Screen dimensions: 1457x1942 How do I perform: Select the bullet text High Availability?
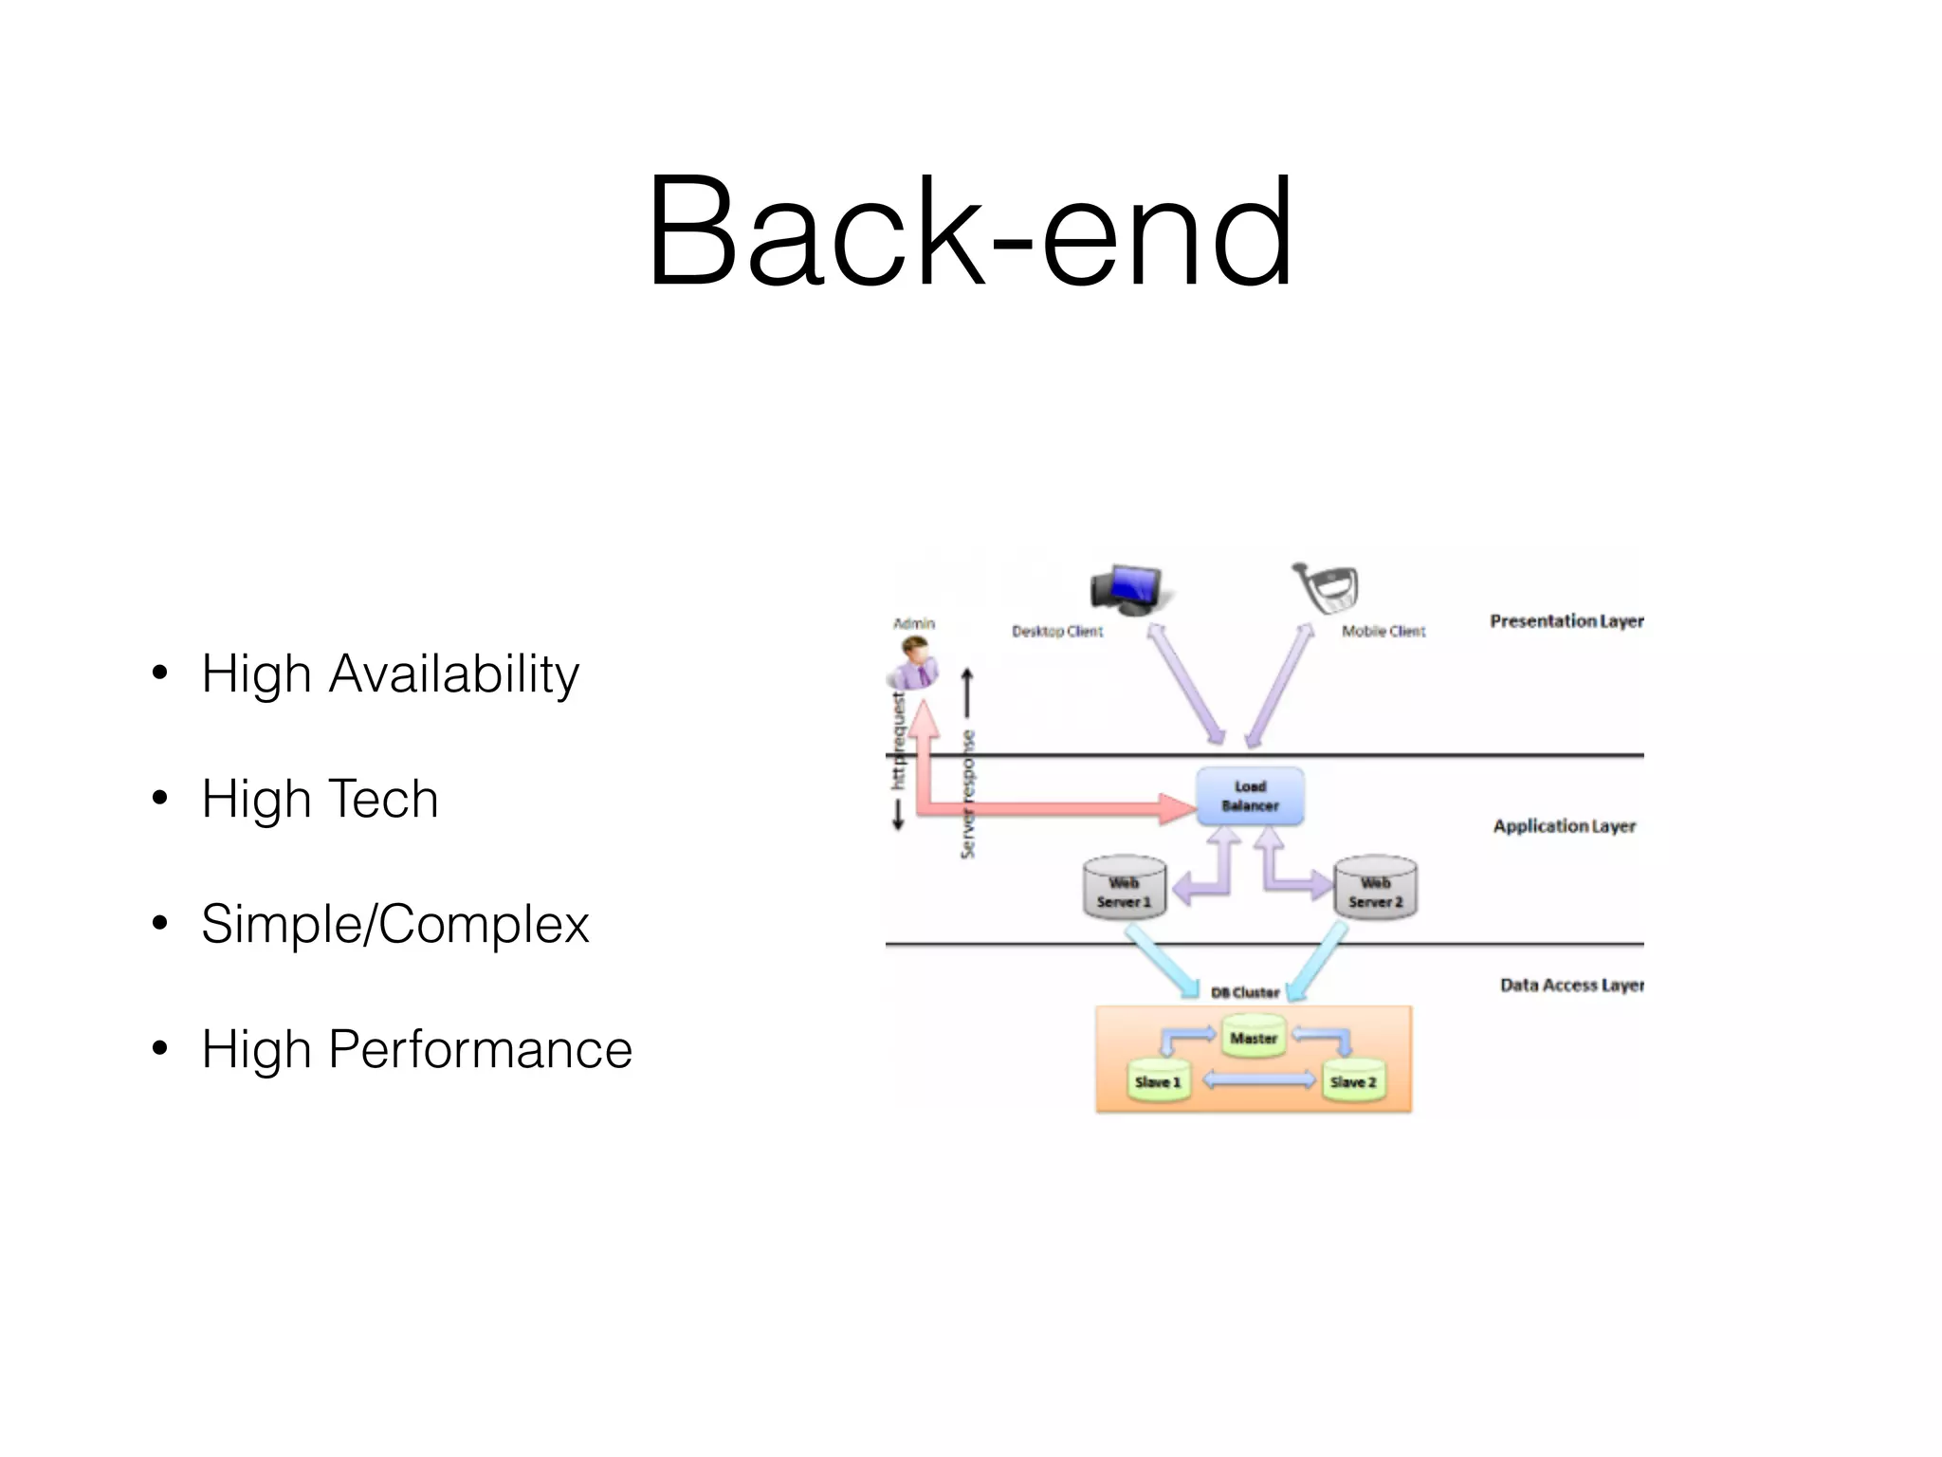tap(389, 673)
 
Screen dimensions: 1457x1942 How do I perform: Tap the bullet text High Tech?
tap(320, 799)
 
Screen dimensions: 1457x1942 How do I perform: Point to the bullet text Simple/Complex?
tap(394, 924)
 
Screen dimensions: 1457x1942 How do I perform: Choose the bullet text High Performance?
tap(416, 1049)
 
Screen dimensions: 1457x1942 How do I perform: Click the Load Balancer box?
tap(1250, 796)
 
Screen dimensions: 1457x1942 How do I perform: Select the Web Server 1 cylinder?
tap(1124, 889)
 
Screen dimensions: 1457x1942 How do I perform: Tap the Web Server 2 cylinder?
tap(1375, 889)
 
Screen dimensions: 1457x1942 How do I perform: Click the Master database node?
tap(1254, 1036)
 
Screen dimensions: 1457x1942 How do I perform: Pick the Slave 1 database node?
tap(1157, 1080)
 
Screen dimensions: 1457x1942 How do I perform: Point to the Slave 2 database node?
tap(1352, 1080)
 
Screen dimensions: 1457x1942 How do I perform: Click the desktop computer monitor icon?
tap(1127, 588)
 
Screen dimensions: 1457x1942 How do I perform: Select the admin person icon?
tap(914, 662)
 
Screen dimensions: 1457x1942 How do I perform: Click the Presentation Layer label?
tap(1566, 621)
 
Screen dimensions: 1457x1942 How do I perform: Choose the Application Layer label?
tap(1564, 826)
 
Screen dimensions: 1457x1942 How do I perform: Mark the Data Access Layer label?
tap(1571, 986)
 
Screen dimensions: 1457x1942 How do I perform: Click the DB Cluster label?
tap(1245, 992)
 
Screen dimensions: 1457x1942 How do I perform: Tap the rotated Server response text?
tap(967, 795)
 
